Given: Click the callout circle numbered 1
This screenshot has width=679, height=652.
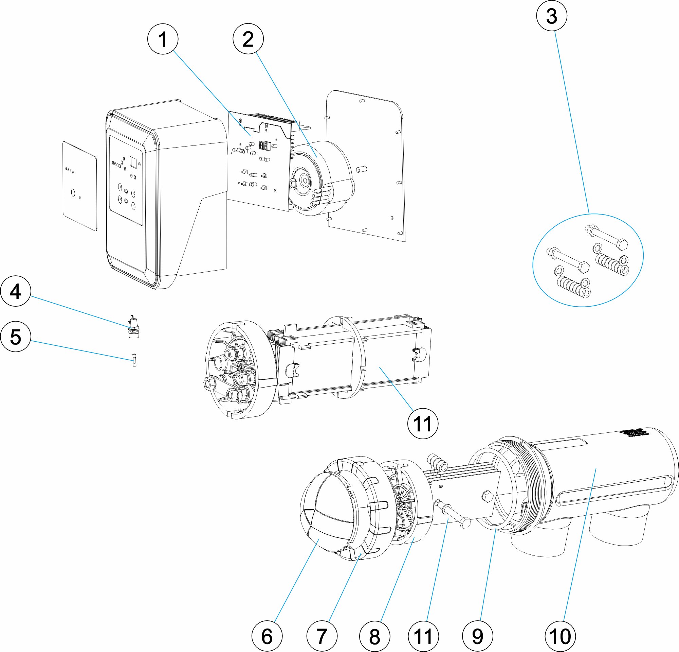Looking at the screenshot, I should (x=163, y=39).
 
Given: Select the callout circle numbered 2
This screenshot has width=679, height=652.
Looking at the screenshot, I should (x=248, y=39).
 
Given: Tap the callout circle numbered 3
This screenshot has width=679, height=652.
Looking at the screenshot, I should (x=551, y=16).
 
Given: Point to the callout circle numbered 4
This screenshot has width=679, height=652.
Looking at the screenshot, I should (x=16, y=291).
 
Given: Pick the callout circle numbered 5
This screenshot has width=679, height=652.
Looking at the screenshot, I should (x=16, y=337).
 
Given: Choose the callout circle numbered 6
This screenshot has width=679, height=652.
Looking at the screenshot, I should (x=267, y=636).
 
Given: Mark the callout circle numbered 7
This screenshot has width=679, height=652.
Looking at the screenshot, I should (x=322, y=636).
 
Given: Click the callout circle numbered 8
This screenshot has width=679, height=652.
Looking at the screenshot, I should (x=374, y=636).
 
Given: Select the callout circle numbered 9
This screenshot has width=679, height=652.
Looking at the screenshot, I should (x=477, y=636).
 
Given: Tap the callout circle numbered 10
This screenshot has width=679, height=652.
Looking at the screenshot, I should (x=560, y=636).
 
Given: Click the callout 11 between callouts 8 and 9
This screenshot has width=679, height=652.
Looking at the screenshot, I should (x=423, y=636).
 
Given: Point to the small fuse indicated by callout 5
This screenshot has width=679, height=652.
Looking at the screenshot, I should (x=134, y=360).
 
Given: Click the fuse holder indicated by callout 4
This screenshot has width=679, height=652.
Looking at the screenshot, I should (x=133, y=330).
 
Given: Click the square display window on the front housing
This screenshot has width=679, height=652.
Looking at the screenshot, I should (x=133, y=162).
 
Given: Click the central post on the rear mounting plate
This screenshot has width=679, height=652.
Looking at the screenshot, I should (x=361, y=169).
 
